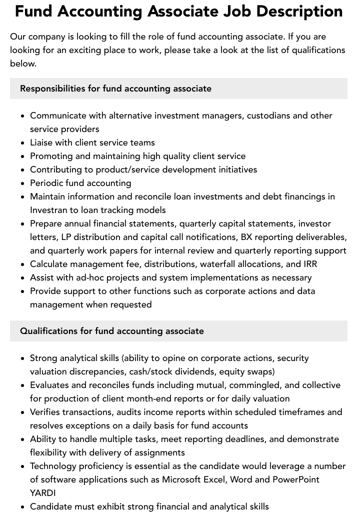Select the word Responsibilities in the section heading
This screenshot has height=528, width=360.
coord(52,88)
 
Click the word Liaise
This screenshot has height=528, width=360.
coord(42,142)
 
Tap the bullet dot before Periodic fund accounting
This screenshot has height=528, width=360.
coord(22,183)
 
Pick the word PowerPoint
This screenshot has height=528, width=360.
coord(295,479)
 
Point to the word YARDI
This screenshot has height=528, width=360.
coord(42,493)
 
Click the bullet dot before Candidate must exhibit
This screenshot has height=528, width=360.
coord(22,507)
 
